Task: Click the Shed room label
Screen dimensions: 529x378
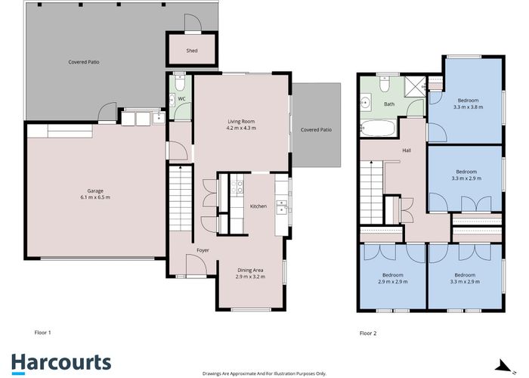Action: click(192, 51)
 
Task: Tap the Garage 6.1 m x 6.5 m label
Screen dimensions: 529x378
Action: click(95, 194)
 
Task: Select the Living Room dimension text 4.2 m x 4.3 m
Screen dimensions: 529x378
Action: click(241, 129)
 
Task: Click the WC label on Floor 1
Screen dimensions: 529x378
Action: click(181, 99)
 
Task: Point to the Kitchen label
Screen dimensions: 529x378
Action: click(258, 206)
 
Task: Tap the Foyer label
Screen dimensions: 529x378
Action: click(203, 250)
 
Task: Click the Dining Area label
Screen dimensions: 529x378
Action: click(250, 270)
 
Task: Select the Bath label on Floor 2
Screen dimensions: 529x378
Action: click(389, 104)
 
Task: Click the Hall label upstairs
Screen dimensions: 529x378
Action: click(407, 150)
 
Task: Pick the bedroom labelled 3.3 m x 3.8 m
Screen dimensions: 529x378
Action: click(468, 104)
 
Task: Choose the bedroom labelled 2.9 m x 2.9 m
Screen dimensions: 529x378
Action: click(393, 278)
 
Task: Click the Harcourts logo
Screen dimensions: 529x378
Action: click(61, 364)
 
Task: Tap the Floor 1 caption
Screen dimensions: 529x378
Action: click(42, 333)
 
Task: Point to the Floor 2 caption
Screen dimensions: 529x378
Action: click(368, 333)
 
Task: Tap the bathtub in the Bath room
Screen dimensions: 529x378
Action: click(378, 129)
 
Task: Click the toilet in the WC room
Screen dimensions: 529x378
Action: click(180, 82)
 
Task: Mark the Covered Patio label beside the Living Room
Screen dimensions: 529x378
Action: click(316, 129)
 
